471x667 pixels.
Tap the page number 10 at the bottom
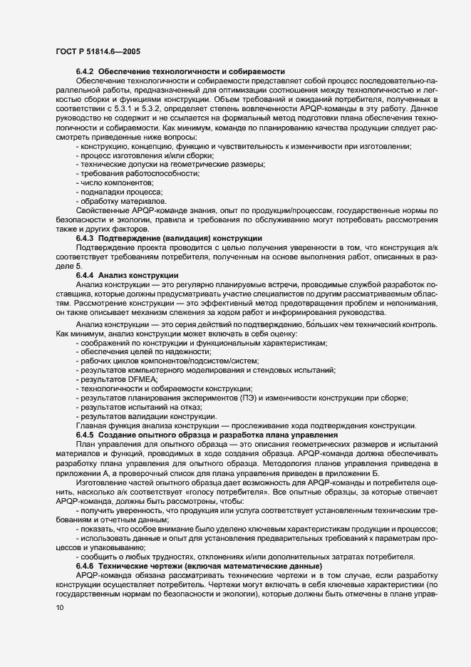point(59,607)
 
